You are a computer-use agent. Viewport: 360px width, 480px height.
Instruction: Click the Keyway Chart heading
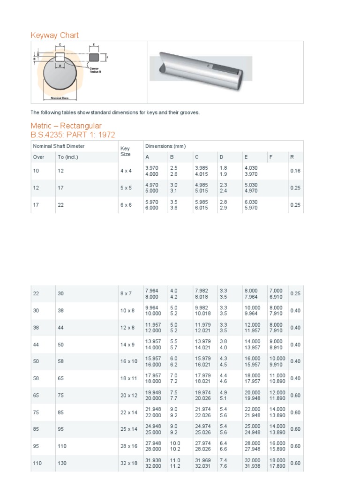[54, 35]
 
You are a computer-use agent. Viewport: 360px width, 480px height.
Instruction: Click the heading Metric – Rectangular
[66, 126]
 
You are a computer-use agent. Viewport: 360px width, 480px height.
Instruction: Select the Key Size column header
[125, 151]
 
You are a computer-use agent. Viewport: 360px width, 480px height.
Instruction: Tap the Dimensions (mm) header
[165, 146]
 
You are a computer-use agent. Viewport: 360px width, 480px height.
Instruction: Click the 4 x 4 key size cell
[126, 171]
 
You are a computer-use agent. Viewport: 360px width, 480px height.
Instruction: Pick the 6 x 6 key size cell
[126, 205]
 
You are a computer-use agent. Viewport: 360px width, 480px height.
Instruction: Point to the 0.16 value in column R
[295, 171]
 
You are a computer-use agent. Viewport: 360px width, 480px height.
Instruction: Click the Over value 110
[37, 463]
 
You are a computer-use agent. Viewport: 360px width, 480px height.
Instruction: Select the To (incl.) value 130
[62, 463]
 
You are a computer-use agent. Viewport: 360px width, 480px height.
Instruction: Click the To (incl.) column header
[68, 157]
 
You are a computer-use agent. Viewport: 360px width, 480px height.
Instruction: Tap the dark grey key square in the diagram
[93, 57]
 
